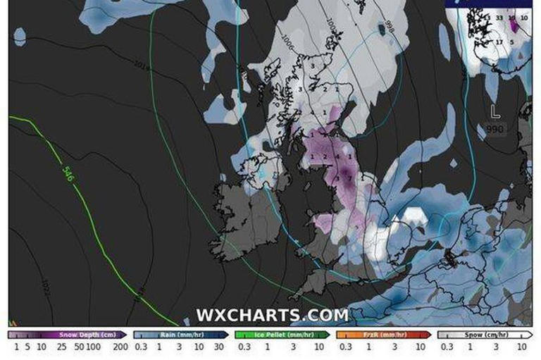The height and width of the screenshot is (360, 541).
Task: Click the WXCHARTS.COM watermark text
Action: coord(271,315)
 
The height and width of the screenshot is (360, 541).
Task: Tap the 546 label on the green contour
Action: coord(68,173)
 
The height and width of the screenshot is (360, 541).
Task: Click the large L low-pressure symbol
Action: coord(495,111)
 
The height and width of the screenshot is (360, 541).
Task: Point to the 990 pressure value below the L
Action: coord(495,129)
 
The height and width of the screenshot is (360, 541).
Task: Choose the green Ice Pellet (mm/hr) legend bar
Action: coord(282,335)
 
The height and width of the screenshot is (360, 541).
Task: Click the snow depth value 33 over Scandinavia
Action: coord(499,17)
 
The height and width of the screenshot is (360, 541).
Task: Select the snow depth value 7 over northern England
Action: coord(349,179)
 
